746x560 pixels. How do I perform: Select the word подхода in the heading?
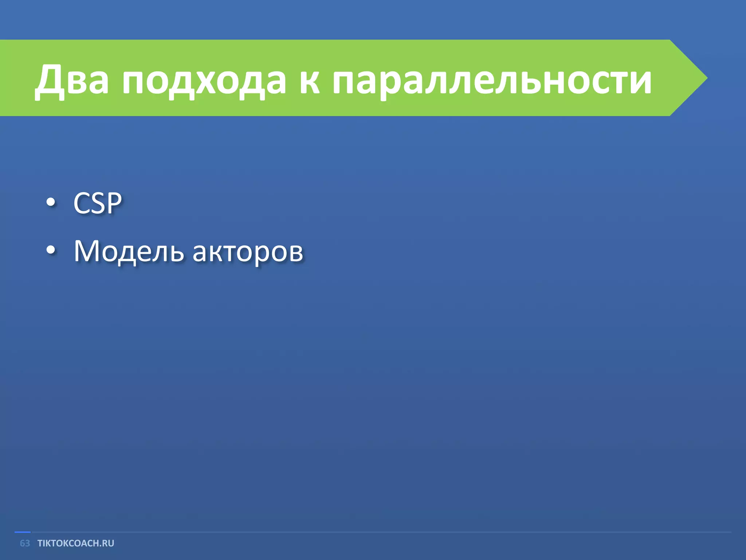tap(204, 79)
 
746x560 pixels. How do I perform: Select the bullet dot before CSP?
tap(51, 203)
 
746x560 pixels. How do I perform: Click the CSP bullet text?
tap(97, 203)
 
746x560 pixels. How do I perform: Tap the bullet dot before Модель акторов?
tap(51, 250)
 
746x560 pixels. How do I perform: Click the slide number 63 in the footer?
tap(25, 543)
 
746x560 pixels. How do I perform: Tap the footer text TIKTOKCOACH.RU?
tap(76, 543)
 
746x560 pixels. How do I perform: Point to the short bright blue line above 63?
tap(23, 532)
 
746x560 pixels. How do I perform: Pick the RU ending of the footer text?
tap(108, 543)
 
